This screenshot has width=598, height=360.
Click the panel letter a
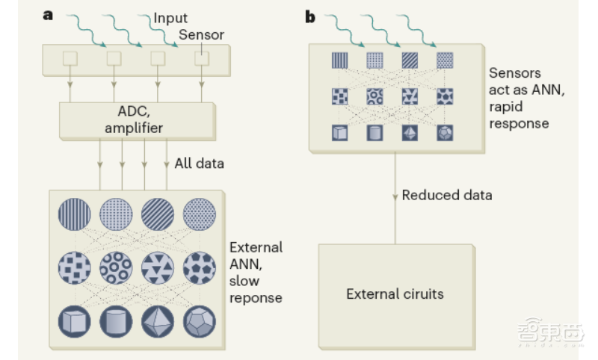pyautogui.click(x=49, y=15)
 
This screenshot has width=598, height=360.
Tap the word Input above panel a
pyautogui.click(x=171, y=17)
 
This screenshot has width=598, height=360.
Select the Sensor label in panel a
pyautogui.click(x=201, y=34)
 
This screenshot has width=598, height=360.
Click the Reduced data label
pyautogui.click(x=447, y=195)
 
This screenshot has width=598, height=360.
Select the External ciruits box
pyautogui.click(x=395, y=294)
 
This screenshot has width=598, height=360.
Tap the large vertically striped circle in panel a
pyautogui.click(x=74, y=214)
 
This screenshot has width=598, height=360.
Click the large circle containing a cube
pyautogui.click(x=74, y=321)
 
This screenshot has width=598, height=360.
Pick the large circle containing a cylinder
pyautogui.click(x=116, y=321)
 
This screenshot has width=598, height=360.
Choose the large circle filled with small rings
pyautogui.click(x=116, y=267)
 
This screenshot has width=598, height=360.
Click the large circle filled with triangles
pyautogui.click(x=158, y=267)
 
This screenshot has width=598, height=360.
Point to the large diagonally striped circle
pyautogui.click(x=158, y=214)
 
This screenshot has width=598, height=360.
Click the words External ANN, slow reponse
pyautogui.click(x=255, y=272)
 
